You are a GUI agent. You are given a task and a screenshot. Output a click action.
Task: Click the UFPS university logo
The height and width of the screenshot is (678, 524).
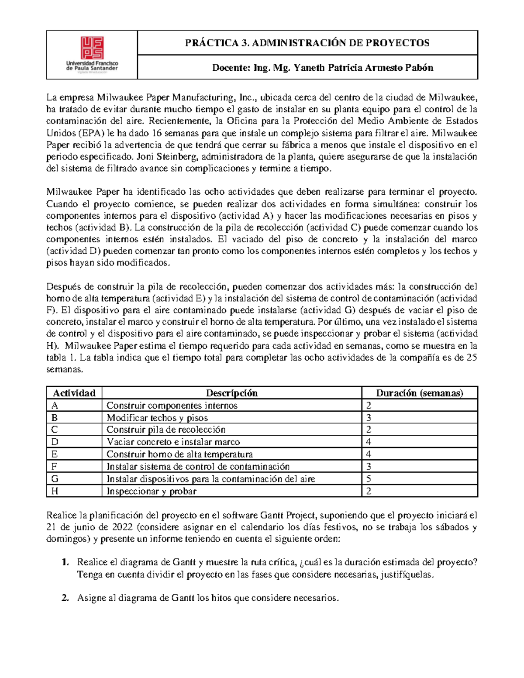[x=92, y=54]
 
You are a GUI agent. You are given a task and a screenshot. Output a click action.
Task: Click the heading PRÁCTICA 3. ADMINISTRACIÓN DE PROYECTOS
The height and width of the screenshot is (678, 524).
[x=307, y=43]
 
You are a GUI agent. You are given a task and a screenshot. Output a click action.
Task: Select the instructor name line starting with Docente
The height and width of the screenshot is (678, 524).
[x=322, y=68]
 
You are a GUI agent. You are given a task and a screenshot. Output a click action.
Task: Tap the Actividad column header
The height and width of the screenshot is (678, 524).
[x=74, y=393]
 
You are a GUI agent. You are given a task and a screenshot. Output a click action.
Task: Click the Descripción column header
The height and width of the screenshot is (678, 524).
[x=231, y=393]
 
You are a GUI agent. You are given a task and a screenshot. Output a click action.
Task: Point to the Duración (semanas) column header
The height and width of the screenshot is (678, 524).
[x=419, y=393]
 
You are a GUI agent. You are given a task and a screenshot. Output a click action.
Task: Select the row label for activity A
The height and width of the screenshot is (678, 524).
[x=55, y=406]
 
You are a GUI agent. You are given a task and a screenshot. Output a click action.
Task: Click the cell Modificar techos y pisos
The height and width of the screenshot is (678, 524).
[x=157, y=418]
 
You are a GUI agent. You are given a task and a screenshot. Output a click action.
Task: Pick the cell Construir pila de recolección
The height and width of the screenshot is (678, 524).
[x=166, y=430]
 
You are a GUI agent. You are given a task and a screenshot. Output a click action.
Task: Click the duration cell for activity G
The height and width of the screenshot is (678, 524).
[x=369, y=479]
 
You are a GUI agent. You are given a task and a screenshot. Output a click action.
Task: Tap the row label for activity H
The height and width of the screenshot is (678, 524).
[x=55, y=491]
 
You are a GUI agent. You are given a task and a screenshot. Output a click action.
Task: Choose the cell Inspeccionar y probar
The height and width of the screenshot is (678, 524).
[x=152, y=491]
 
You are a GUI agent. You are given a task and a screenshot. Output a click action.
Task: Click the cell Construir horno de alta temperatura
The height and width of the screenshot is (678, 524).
[x=179, y=454]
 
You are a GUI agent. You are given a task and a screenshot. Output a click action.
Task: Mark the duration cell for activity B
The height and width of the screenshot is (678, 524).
[x=369, y=418]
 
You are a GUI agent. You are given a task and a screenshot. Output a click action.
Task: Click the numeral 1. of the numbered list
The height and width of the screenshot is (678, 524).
[x=65, y=562]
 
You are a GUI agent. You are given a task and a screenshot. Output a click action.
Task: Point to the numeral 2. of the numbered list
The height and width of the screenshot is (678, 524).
[x=65, y=598]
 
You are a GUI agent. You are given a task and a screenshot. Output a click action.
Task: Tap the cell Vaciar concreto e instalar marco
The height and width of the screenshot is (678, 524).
[x=173, y=442]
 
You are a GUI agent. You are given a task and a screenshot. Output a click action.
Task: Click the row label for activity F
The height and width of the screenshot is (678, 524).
[x=54, y=467]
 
